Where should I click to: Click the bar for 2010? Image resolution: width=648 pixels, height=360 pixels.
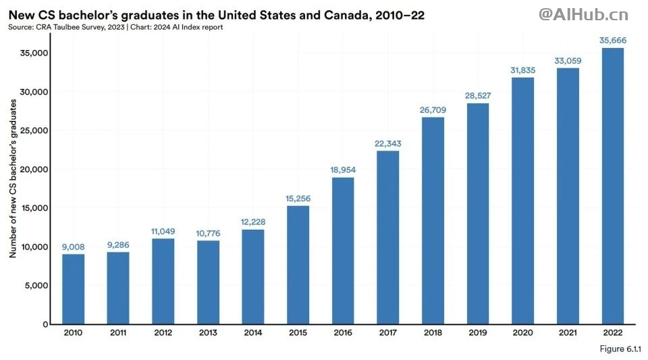73,288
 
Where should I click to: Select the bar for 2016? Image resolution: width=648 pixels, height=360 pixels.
343,250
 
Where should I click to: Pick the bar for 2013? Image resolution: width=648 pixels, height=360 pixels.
208,282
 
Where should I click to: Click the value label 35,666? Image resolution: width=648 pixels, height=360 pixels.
612,41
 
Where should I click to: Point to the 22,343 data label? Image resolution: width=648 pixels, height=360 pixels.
388,143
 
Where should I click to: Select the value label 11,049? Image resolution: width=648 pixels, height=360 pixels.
163,231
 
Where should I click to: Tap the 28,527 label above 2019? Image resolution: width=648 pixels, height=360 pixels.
478,96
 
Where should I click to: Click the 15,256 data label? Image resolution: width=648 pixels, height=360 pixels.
298,198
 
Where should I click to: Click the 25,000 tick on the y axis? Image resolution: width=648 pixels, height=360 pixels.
35,130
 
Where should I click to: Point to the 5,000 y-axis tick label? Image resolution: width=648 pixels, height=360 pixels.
38,286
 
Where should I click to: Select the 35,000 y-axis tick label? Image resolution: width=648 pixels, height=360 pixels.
35,53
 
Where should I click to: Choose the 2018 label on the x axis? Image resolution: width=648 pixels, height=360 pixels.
433,333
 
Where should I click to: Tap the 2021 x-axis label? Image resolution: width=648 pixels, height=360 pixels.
568,333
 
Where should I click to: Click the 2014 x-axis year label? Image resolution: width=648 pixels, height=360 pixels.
252,333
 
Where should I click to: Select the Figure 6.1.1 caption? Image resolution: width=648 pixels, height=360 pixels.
620,349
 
